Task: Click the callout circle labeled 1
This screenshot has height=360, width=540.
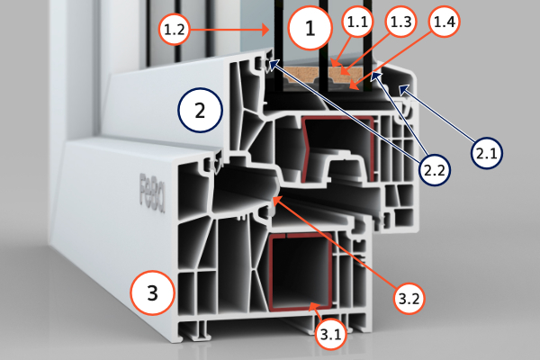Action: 311,30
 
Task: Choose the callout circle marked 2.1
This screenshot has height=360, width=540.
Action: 487,154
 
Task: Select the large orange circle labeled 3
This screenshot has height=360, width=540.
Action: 152,292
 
